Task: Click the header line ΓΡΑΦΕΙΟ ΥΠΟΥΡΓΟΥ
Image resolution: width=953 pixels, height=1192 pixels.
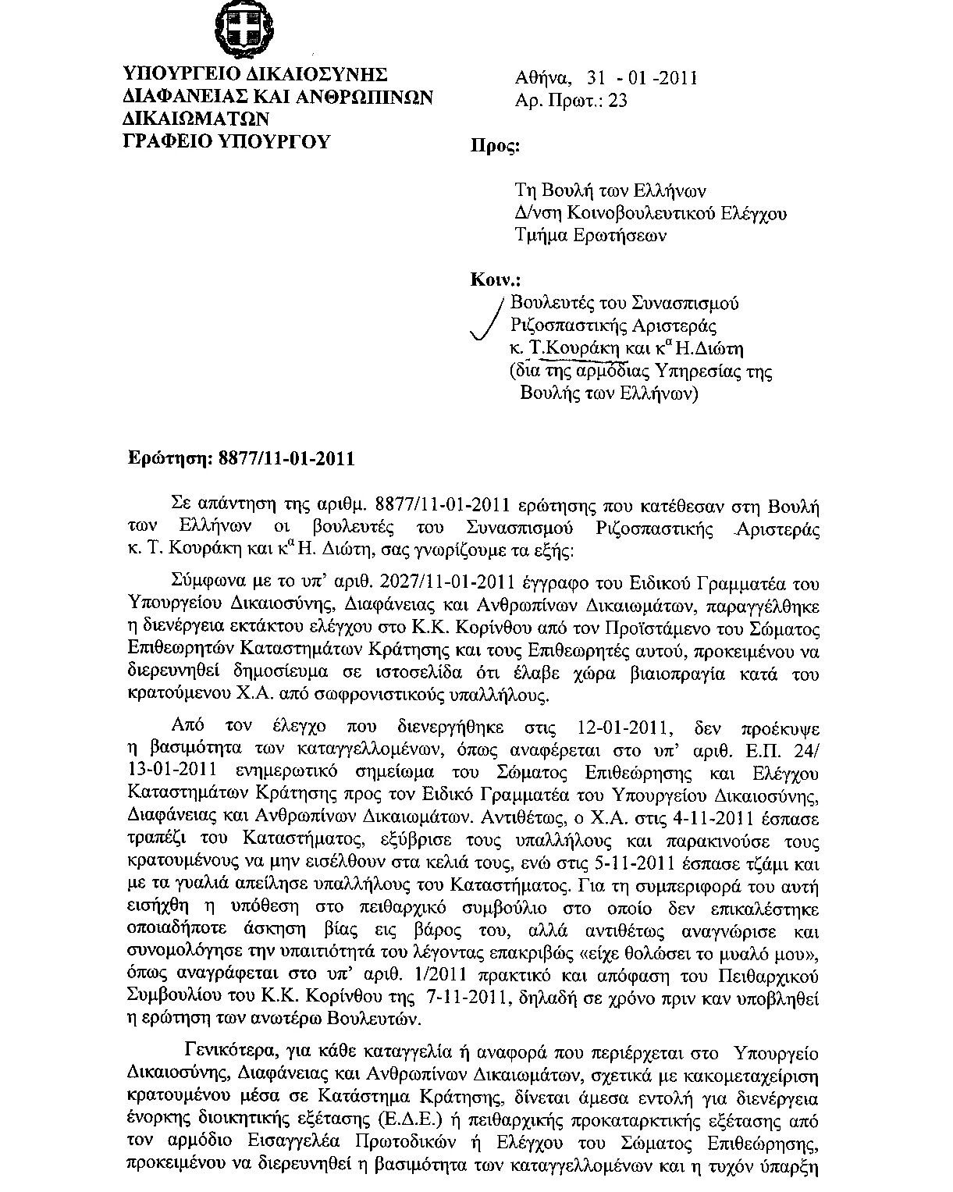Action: click(x=228, y=141)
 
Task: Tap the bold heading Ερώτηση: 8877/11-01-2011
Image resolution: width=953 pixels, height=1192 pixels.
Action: click(x=241, y=458)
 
